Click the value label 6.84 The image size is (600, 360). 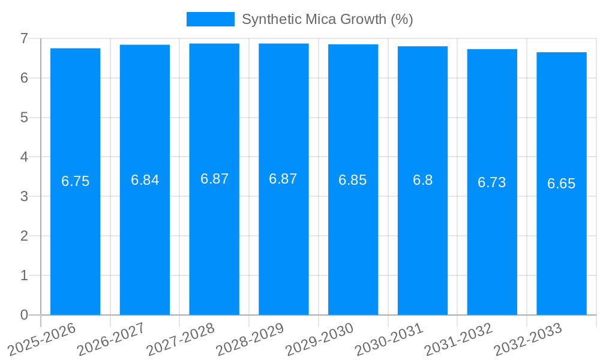[145, 180]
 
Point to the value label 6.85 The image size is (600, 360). [352, 180]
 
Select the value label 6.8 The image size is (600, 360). [422, 180]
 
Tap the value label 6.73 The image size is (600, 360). [491, 182]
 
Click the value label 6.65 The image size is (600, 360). [561, 184]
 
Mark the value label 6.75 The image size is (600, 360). [75, 181]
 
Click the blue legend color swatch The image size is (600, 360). [210, 19]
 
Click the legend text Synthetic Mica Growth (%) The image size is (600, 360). [327, 19]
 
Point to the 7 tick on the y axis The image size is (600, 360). [24, 38]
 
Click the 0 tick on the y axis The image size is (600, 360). [24, 315]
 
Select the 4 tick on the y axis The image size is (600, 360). [24, 157]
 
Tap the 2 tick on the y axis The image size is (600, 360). [24, 236]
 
